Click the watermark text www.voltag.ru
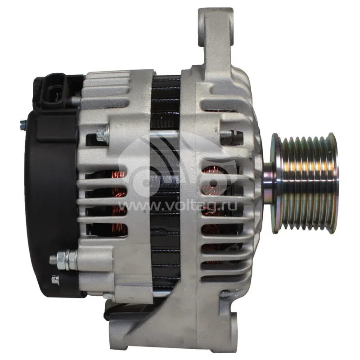pos(178,206)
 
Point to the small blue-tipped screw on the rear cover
pos(23,126)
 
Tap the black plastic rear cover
pos(52,207)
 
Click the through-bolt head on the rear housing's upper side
pos(103,134)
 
